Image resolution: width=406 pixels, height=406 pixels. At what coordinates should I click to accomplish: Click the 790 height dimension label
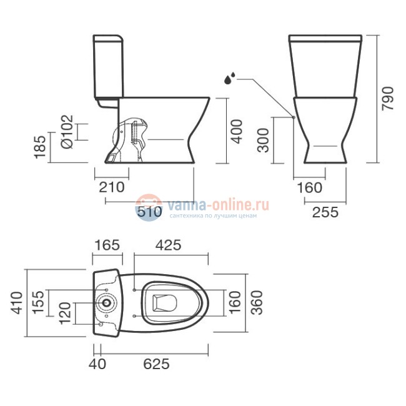tap(388, 99)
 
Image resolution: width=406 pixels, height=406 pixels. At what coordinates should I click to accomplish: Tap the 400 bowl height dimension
tap(237, 131)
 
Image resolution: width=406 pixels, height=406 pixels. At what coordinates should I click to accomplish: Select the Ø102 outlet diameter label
tap(67, 132)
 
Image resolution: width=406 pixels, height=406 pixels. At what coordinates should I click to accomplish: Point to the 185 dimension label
tap(40, 147)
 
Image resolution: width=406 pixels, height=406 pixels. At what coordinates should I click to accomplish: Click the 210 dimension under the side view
tap(112, 187)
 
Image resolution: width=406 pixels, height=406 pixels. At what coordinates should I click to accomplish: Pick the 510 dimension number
tap(149, 212)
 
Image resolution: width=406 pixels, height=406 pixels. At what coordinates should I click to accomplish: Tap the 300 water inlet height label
tap(264, 140)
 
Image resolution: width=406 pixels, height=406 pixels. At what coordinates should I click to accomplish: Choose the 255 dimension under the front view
tap(325, 212)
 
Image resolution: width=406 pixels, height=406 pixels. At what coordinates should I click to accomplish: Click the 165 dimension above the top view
tap(107, 245)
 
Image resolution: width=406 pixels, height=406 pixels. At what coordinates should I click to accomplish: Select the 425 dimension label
tap(168, 245)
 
